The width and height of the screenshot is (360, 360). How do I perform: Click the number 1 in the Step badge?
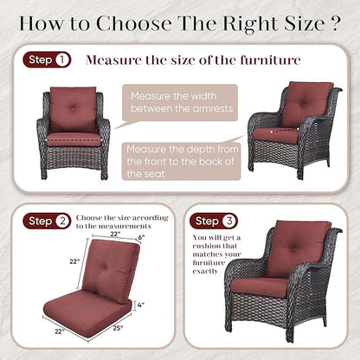coord(62,60)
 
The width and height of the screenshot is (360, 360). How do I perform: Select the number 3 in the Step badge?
coord(229,222)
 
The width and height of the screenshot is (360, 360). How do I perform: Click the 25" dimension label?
coord(118,328)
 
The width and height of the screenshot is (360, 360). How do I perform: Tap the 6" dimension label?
coord(141,237)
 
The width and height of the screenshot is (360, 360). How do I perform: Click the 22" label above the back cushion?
coord(115,234)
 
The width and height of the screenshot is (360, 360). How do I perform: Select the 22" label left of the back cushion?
coord(74,261)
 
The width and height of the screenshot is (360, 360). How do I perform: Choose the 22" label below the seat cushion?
coord(59,331)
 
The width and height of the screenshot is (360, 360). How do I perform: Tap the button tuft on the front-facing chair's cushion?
coord(73,108)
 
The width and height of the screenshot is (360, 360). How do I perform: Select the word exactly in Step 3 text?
coord(205,272)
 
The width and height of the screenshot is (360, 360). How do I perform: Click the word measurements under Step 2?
coord(125,226)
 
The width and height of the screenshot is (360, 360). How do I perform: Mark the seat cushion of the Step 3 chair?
coord(260,287)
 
